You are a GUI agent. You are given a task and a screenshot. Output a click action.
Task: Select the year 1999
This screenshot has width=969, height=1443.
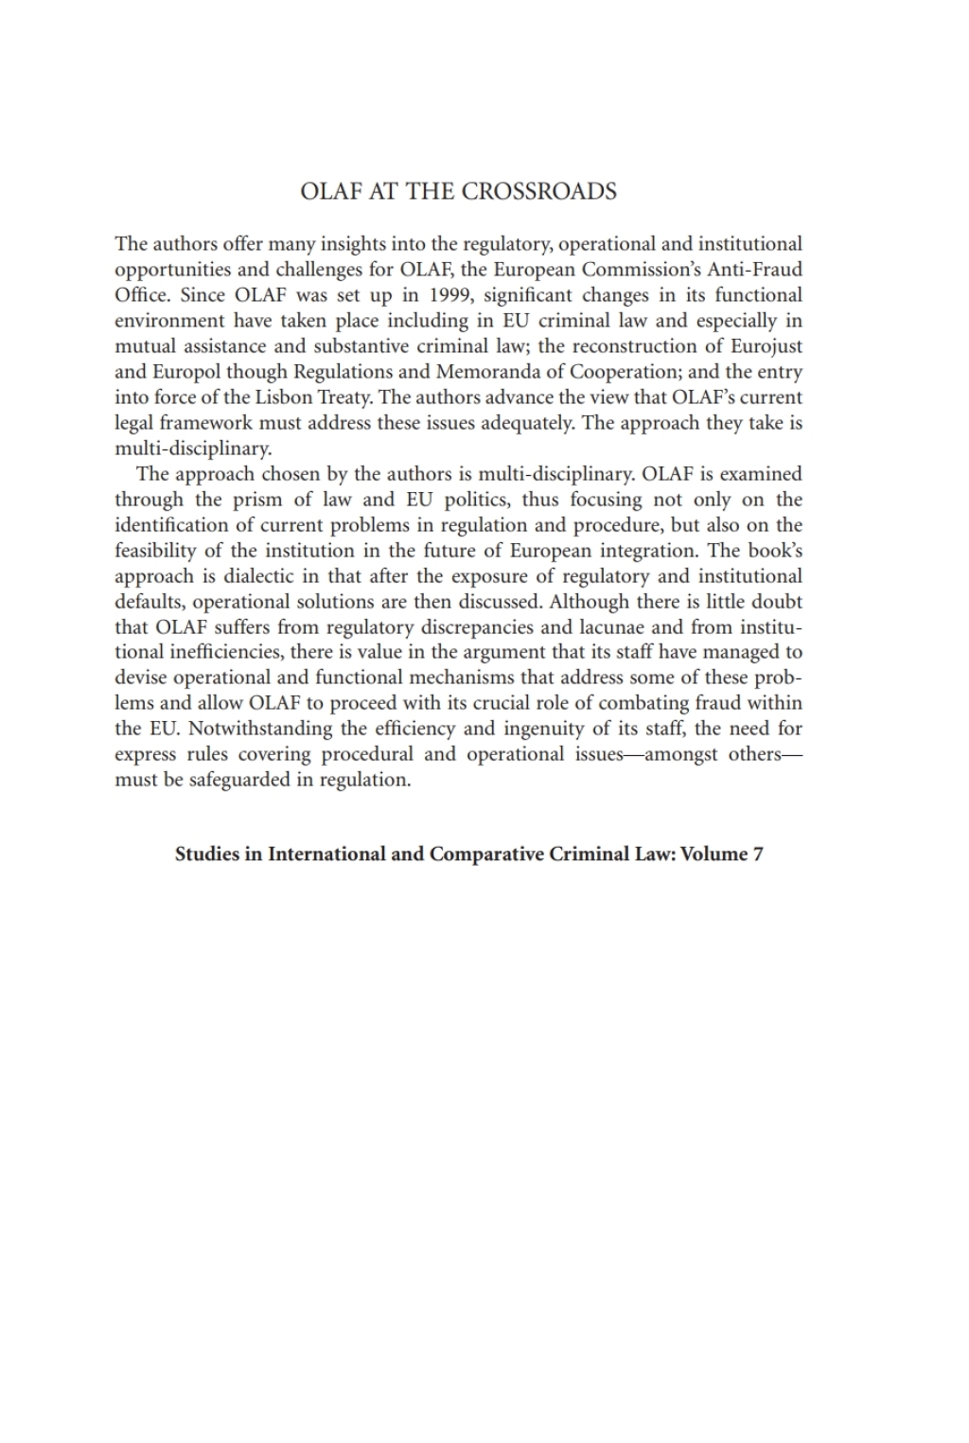click(x=448, y=295)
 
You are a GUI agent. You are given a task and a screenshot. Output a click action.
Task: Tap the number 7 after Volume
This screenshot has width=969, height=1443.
click(x=758, y=854)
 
